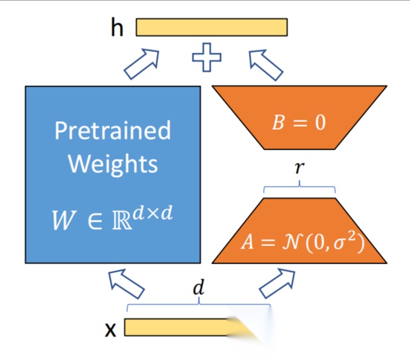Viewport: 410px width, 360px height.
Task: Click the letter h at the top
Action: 117,28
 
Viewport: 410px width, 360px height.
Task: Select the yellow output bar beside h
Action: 211,28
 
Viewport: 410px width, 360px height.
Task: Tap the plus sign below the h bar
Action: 207,58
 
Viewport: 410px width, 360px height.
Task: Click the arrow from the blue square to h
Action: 142,64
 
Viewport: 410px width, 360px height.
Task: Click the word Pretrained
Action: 113,130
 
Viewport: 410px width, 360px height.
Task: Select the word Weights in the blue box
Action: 113,164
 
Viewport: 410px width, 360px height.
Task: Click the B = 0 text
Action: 298,122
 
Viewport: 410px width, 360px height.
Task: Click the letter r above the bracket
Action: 299,168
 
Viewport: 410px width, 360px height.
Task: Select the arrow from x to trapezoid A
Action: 280,284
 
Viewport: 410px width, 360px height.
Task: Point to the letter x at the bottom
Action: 110,329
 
